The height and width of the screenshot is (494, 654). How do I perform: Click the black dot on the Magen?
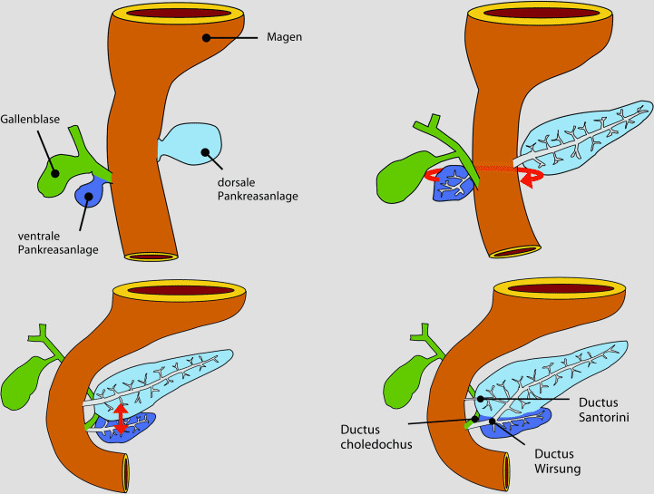tap(207, 38)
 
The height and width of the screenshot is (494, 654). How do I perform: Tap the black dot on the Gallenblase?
tap(55, 171)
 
